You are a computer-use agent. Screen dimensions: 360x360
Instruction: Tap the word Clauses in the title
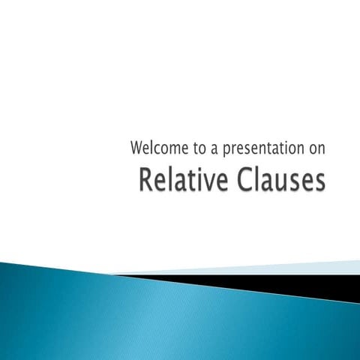tap(277, 181)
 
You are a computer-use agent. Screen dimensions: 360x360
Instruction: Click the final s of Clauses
tap(319, 183)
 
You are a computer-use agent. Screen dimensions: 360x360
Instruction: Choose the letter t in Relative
tap(187, 181)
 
